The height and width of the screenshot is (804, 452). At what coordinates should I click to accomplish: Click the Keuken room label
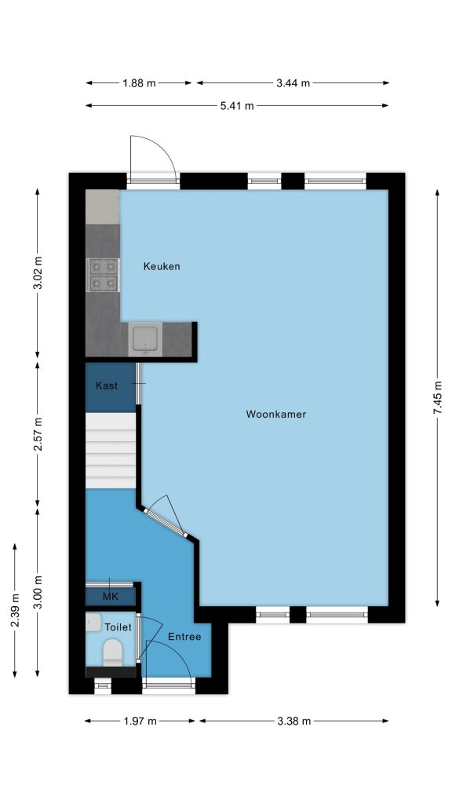(162, 266)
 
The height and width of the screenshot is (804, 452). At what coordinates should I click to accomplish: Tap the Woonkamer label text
(275, 414)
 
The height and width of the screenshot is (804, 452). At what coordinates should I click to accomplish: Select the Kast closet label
(107, 386)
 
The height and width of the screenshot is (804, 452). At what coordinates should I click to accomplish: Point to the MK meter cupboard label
(110, 597)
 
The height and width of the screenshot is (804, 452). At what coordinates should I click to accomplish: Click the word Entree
(184, 637)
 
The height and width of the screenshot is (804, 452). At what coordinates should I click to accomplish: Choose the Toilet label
(118, 627)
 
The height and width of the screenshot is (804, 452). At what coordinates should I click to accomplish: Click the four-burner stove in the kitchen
(103, 275)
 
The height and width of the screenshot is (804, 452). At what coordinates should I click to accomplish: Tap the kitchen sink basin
(145, 339)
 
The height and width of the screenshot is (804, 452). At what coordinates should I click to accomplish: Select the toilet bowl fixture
(113, 652)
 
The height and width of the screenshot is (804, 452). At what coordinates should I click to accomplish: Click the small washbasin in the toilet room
(93, 622)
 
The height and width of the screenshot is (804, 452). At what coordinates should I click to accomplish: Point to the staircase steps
(111, 451)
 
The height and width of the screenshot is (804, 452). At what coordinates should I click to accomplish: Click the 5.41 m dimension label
(237, 106)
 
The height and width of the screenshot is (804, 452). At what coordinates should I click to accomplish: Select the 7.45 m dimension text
(437, 398)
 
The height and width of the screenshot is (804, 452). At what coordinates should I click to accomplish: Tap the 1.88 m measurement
(139, 83)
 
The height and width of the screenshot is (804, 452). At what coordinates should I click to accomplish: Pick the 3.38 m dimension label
(293, 721)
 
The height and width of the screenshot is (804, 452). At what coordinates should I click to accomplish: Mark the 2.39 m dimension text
(15, 609)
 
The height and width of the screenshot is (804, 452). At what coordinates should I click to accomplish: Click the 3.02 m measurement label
(38, 272)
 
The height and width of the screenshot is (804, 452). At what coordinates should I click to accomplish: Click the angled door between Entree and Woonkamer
(165, 523)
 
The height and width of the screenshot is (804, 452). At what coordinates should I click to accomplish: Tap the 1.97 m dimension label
(140, 721)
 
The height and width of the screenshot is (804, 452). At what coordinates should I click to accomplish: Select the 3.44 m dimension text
(293, 83)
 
